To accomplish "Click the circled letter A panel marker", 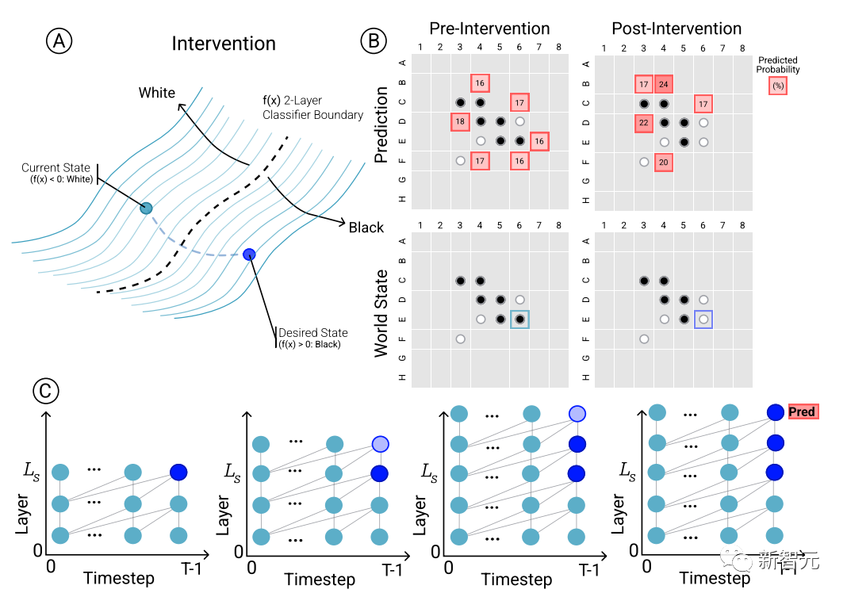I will coord(59,42).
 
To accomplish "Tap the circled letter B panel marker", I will coord(374,42).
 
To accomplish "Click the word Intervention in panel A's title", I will coord(224,44).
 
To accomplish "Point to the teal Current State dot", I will coord(146,209).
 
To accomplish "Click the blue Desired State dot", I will coord(249,254).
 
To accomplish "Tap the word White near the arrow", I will coord(157,93).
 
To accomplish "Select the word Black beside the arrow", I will coord(366,228).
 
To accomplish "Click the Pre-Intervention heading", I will coord(489,29).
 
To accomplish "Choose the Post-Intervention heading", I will coord(676,29).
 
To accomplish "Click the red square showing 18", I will coord(460,122).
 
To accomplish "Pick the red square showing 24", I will coord(664,83).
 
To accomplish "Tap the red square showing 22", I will coord(644,122).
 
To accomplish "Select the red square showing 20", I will coord(664,162).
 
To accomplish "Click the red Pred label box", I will coord(802,412).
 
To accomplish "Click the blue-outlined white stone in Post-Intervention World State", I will coord(703,320).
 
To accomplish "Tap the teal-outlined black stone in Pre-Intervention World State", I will coord(519,320).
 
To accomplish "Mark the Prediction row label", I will coord(381,125).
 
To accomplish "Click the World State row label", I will coord(381,312).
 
